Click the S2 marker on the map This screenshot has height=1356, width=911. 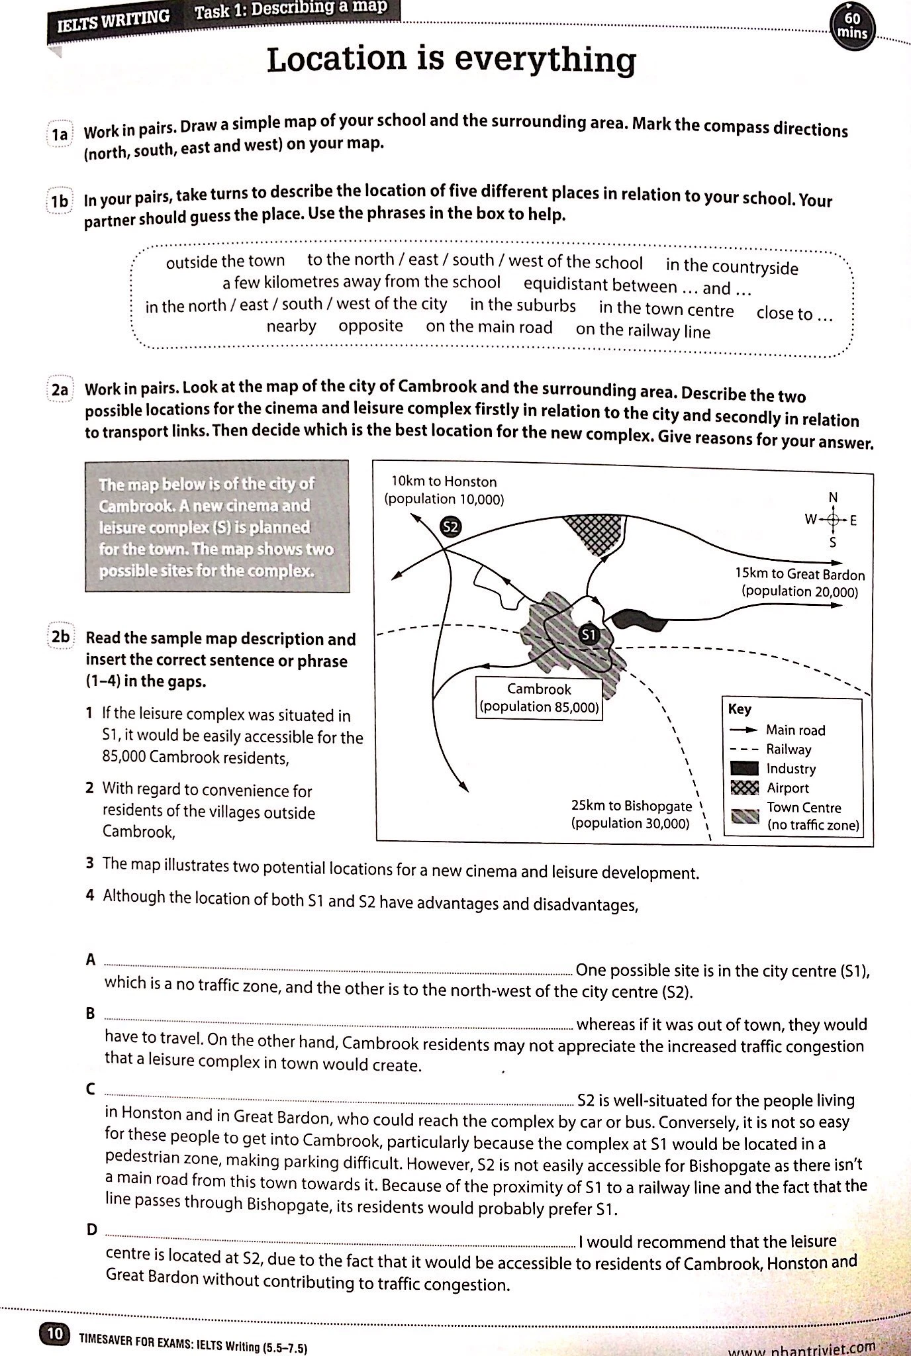(450, 527)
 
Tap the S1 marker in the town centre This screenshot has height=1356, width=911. (589, 635)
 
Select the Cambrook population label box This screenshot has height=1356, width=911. (540, 698)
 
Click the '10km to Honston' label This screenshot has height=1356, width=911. (444, 490)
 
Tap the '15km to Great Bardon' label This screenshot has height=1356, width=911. (800, 583)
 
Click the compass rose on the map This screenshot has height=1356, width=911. (833, 520)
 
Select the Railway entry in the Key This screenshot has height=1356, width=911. (788, 750)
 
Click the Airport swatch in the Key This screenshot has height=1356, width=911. (744, 788)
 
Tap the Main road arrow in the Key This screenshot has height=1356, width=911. (744, 730)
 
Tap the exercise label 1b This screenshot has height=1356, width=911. (60, 201)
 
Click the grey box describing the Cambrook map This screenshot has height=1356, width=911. (216, 526)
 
